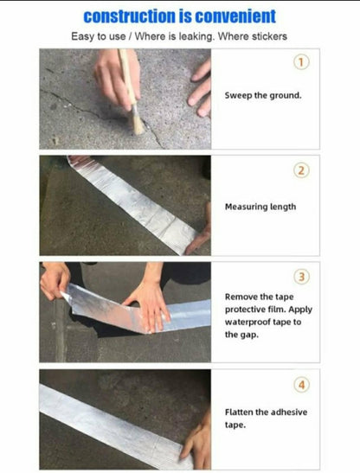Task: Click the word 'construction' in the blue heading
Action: (x=129, y=16)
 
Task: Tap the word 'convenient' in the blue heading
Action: (x=235, y=16)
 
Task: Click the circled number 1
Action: (x=301, y=62)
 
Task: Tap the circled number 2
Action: (x=301, y=170)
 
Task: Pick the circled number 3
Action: (x=301, y=277)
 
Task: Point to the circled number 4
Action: (x=301, y=385)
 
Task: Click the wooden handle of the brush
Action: (x=127, y=77)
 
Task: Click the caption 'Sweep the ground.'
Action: (x=263, y=96)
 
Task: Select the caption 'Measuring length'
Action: (x=260, y=207)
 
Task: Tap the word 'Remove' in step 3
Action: (x=241, y=297)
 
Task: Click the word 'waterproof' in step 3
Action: (x=247, y=323)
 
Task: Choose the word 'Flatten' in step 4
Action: (x=239, y=412)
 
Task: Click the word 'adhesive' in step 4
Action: (x=290, y=412)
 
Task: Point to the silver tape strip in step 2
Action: (x=133, y=203)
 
